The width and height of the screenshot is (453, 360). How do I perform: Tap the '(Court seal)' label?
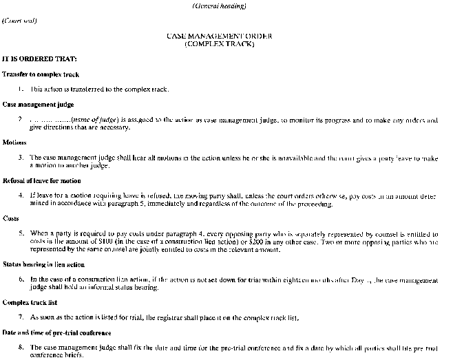pos(20,21)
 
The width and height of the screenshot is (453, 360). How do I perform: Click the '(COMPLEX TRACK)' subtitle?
pos(220,44)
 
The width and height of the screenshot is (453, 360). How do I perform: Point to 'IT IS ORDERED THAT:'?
pos(39,59)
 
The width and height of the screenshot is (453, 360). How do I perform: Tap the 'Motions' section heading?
pos(15,142)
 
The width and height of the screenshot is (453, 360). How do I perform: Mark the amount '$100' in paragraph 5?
pos(107,242)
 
